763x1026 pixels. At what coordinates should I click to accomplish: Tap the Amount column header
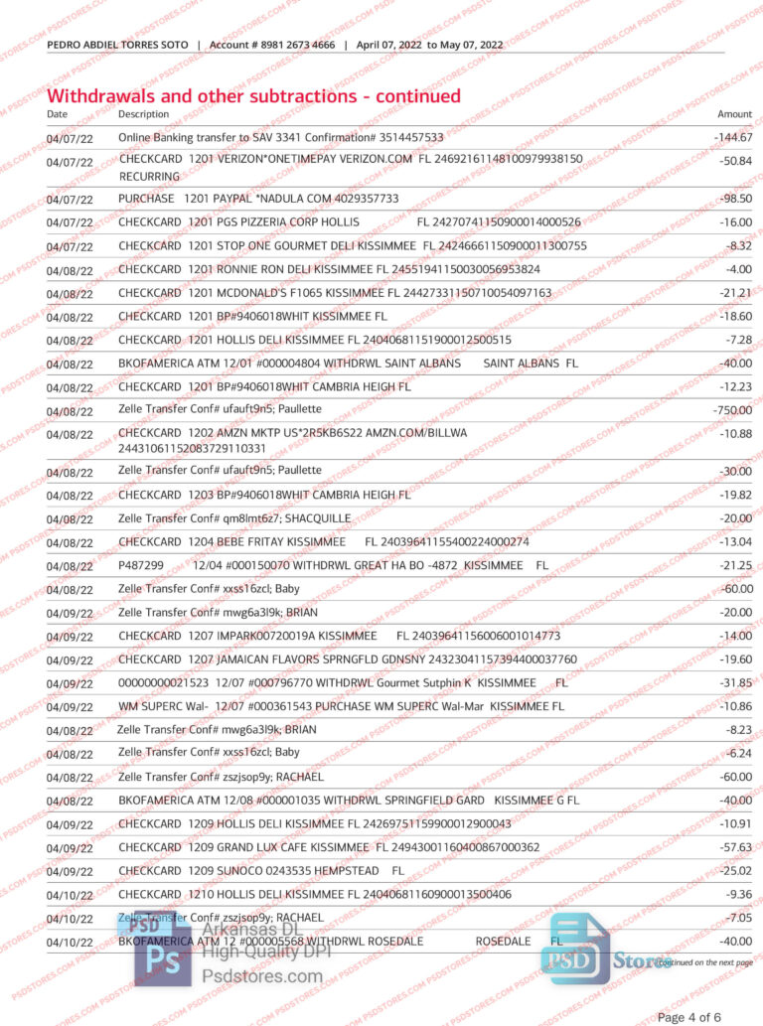click(734, 114)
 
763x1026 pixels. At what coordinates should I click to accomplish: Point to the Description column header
click(143, 114)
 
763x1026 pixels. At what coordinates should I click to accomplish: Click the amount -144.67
click(734, 137)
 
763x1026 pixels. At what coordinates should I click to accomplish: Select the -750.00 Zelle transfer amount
click(733, 410)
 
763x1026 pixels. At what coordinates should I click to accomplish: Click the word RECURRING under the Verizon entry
click(149, 176)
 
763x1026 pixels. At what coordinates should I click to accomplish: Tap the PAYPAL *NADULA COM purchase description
click(258, 199)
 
